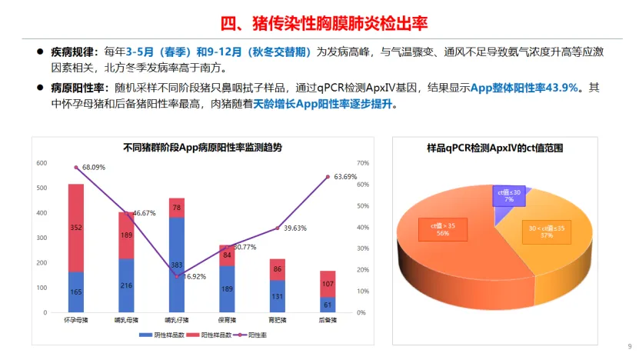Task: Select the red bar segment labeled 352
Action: [75, 227]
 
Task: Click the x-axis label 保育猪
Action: [227, 320]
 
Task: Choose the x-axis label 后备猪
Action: [328, 320]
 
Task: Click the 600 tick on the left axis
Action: [42, 163]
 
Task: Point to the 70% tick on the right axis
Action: [364, 163]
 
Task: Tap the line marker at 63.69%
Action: [328, 177]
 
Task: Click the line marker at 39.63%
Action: [278, 228]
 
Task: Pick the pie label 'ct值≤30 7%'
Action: [508, 195]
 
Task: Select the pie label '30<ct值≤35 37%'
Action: [547, 232]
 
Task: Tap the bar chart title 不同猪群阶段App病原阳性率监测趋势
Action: [197, 148]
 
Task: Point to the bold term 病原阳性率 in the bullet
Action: [78, 89]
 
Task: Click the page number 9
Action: [629, 346]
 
